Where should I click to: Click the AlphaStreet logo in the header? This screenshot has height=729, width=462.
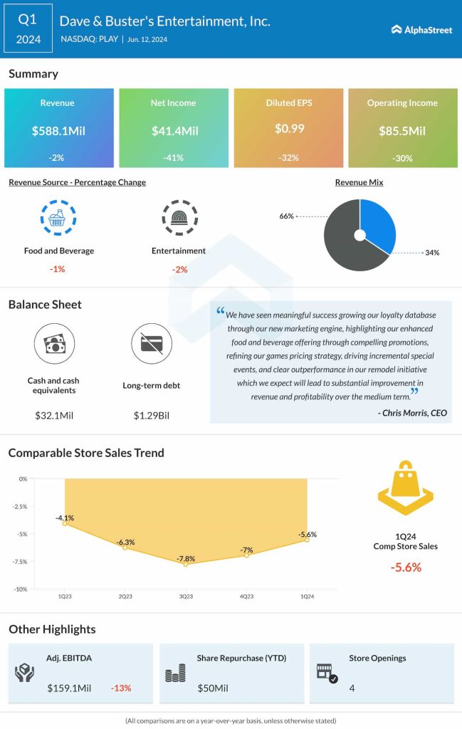[x=421, y=29]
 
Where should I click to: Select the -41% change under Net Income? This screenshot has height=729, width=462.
[x=173, y=158]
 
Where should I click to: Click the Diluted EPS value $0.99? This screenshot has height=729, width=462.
[x=288, y=129]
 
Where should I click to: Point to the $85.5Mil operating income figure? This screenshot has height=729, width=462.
[x=402, y=131]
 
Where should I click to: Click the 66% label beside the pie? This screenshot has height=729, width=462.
[x=287, y=216]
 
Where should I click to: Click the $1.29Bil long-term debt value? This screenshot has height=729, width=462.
[x=152, y=415]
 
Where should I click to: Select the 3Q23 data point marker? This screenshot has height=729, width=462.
[x=186, y=564]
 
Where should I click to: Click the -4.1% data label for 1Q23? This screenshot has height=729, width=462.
[x=65, y=518]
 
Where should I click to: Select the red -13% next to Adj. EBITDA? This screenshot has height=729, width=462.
[x=121, y=688]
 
